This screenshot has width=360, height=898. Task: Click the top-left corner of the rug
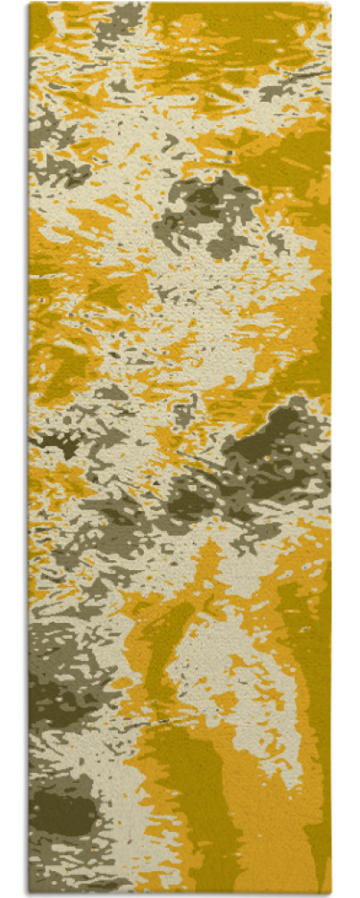29,4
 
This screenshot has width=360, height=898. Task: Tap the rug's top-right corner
330,4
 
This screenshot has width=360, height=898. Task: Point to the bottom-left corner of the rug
29,894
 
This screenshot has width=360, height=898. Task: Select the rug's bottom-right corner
330,894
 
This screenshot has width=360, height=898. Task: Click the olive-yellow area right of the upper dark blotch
286,214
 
